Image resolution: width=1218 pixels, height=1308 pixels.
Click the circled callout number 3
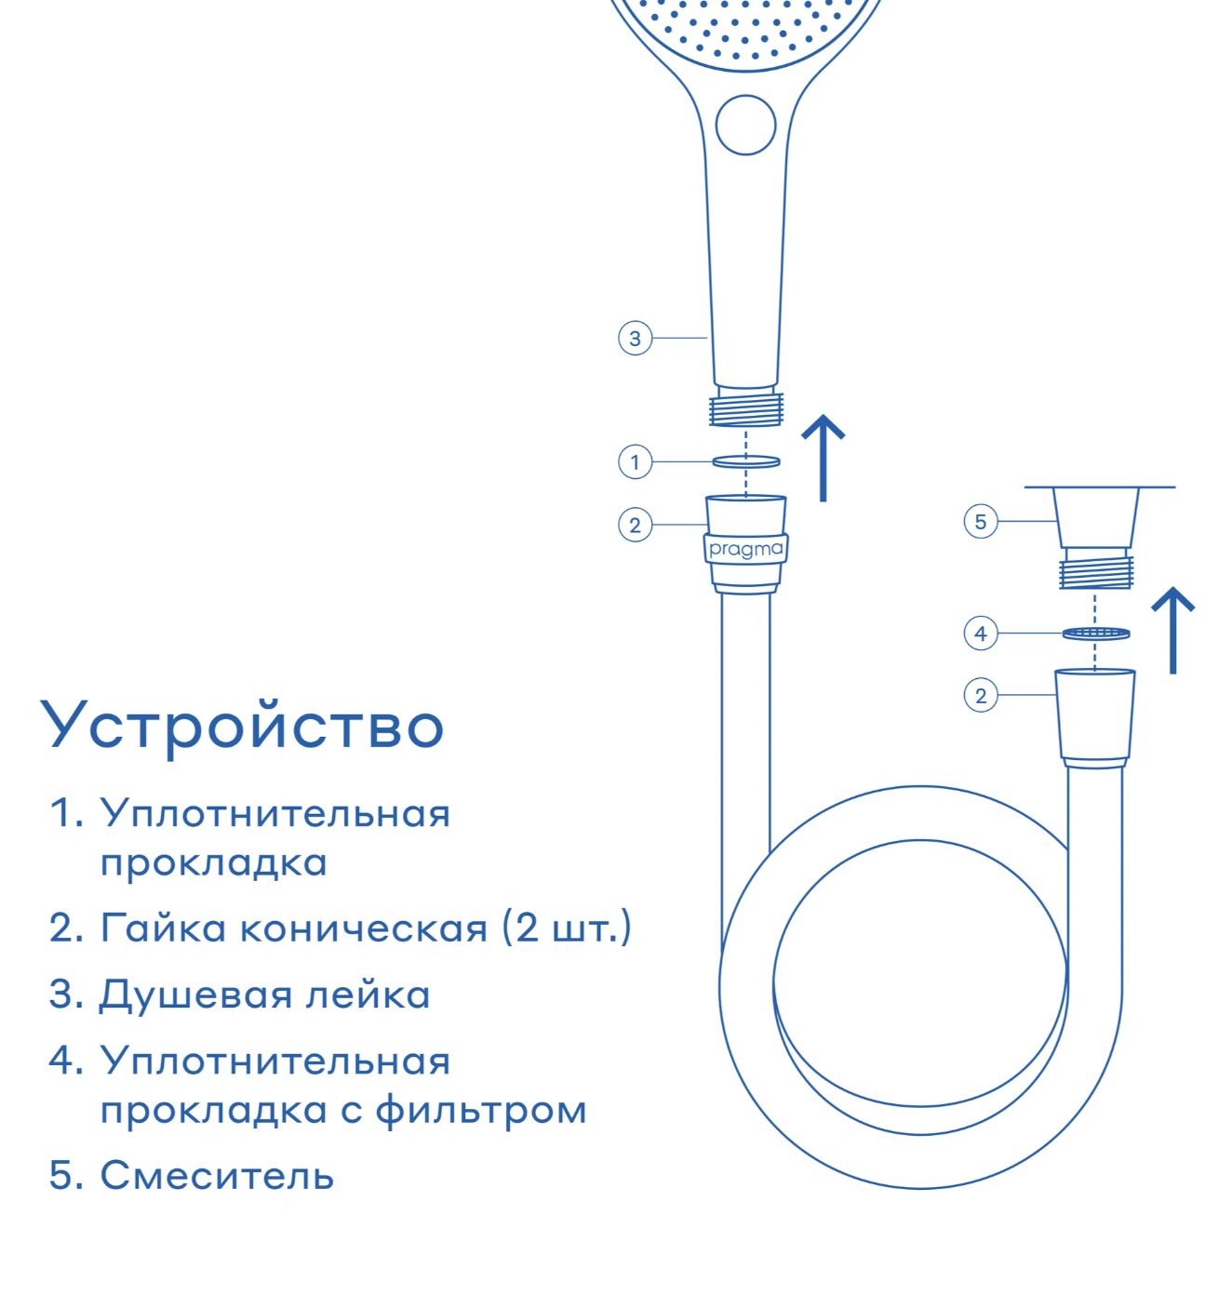[x=635, y=339]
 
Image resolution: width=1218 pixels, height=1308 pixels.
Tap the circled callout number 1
[x=635, y=462]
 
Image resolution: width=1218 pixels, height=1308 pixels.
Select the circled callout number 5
[x=980, y=521]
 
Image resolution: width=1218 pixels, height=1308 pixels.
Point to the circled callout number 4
[x=980, y=634]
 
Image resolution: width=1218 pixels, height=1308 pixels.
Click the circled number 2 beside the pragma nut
[x=635, y=525]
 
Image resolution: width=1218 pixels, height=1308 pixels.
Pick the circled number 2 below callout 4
[x=980, y=695]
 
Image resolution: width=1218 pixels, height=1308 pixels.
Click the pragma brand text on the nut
[x=745, y=549]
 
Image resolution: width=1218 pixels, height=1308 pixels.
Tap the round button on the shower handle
[x=745, y=126]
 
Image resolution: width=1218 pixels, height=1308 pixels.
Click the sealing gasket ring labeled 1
[x=745, y=461]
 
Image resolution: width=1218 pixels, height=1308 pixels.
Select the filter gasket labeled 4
[x=1095, y=634]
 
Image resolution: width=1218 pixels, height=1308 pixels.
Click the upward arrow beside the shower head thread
[x=823, y=458]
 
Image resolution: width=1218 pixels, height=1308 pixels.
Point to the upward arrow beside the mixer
[x=1172, y=630]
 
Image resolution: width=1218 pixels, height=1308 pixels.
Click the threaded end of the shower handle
[x=745, y=408]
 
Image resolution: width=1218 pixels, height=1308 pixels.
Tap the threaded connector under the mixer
[x=1095, y=572]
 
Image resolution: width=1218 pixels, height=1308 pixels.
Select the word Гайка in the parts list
[x=163, y=928]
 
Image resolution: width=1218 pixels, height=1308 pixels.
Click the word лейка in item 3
[x=368, y=994]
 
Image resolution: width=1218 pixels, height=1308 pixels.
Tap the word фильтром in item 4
[x=480, y=1110]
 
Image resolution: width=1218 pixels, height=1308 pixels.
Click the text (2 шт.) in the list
[x=567, y=928]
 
